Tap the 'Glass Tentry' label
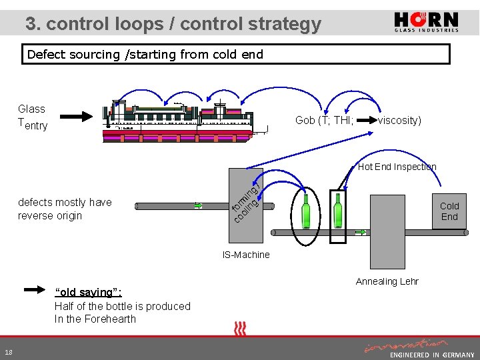(x=32, y=117)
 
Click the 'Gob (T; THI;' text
(x=324, y=120)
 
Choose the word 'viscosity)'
(x=399, y=120)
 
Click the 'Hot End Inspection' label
(x=397, y=167)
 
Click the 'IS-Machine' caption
(x=246, y=255)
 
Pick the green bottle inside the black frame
(x=338, y=211)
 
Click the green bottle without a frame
(x=305, y=211)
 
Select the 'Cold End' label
(x=449, y=211)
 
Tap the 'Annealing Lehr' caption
(x=387, y=281)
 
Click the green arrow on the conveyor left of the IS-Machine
(x=198, y=206)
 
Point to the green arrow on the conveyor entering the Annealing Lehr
(x=361, y=233)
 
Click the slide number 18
(x=8, y=352)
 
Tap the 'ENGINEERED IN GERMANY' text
(x=432, y=355)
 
